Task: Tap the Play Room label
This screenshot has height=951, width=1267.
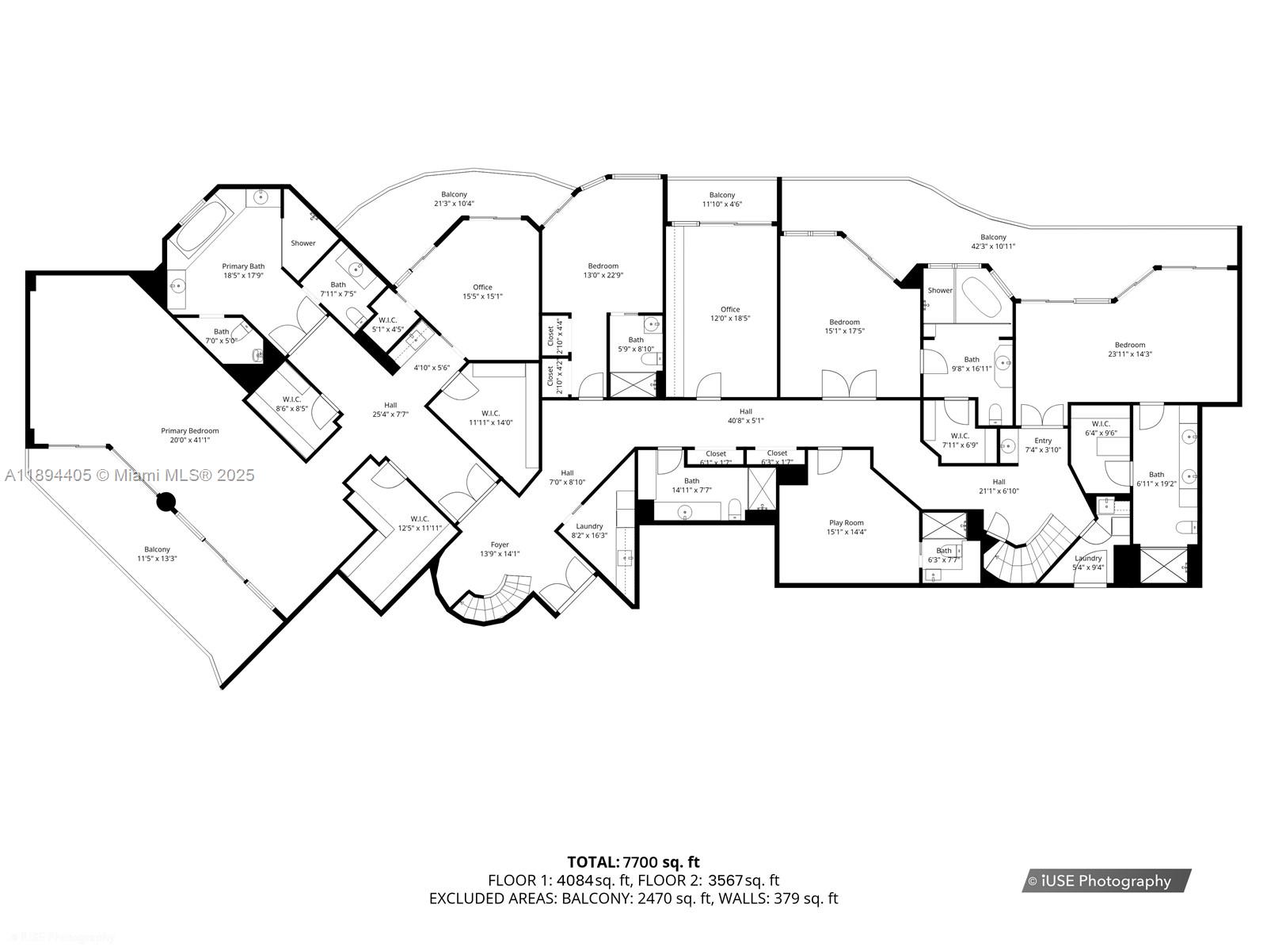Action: tap(846, 523)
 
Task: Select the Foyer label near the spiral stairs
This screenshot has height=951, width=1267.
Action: tap(500, 544)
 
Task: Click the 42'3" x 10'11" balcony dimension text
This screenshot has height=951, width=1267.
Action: tap(993, 246)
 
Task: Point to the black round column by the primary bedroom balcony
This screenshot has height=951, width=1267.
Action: tap(165, 502)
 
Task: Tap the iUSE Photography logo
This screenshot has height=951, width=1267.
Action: tap(1105, 880)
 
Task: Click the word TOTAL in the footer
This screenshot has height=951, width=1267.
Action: tap(592, 862)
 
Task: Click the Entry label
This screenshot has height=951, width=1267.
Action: tap(1043, 441)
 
